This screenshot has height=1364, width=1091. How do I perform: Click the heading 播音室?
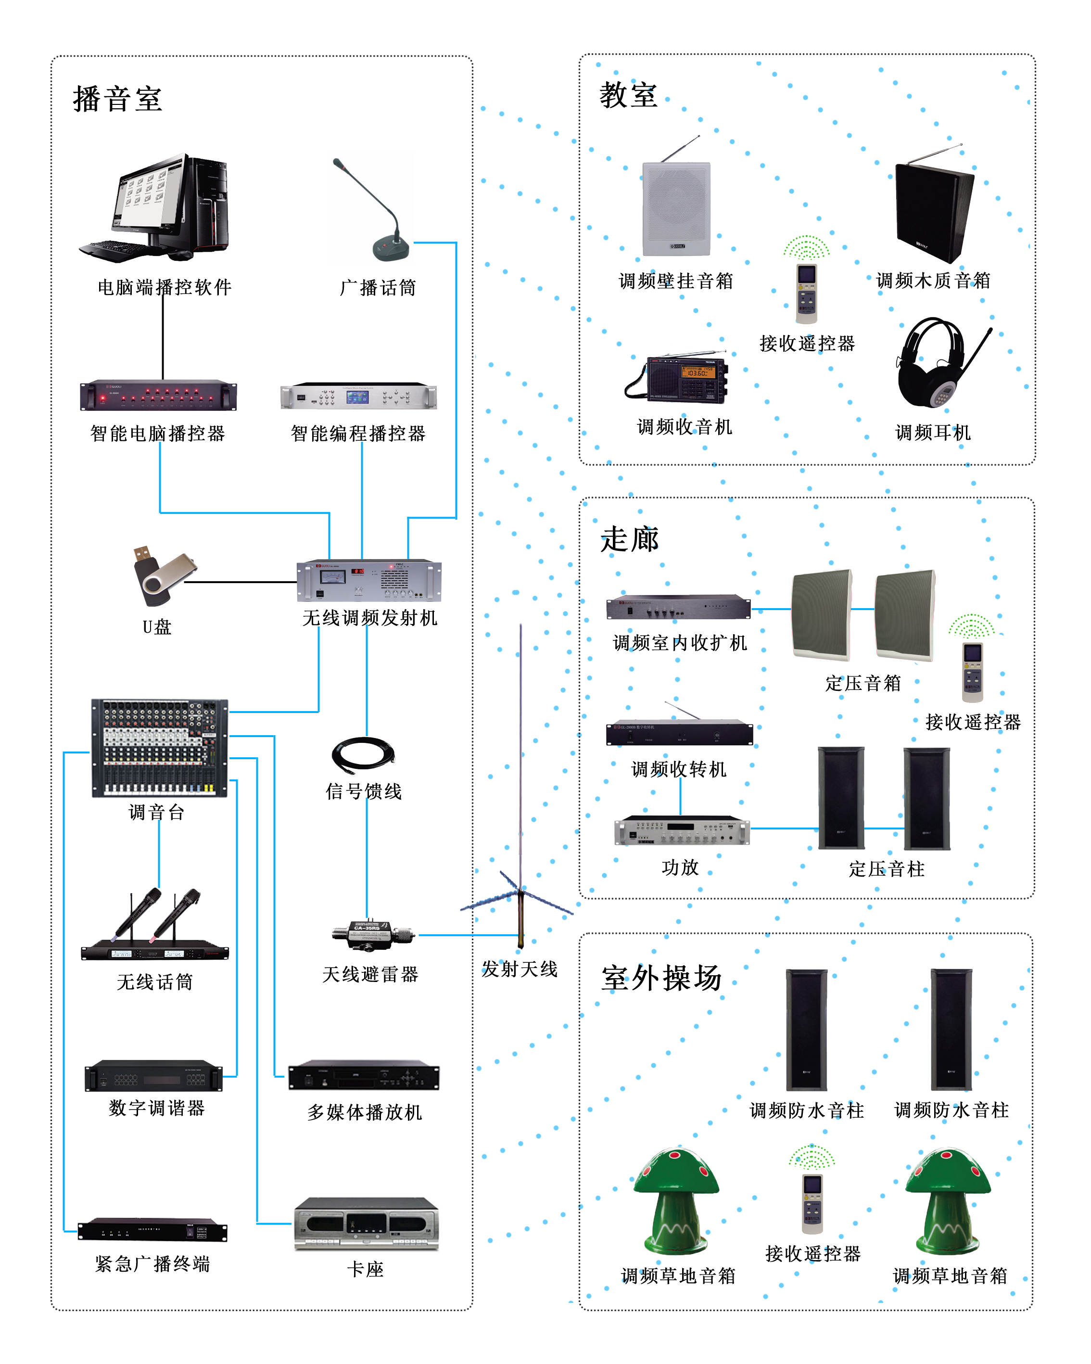pos(118,99)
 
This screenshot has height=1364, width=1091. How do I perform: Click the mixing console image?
pos(159,747)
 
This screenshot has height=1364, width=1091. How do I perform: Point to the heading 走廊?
pos(629,540)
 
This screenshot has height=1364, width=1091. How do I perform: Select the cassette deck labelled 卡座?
pos(366,1224)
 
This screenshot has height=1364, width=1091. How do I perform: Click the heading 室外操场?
pos(661,978)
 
